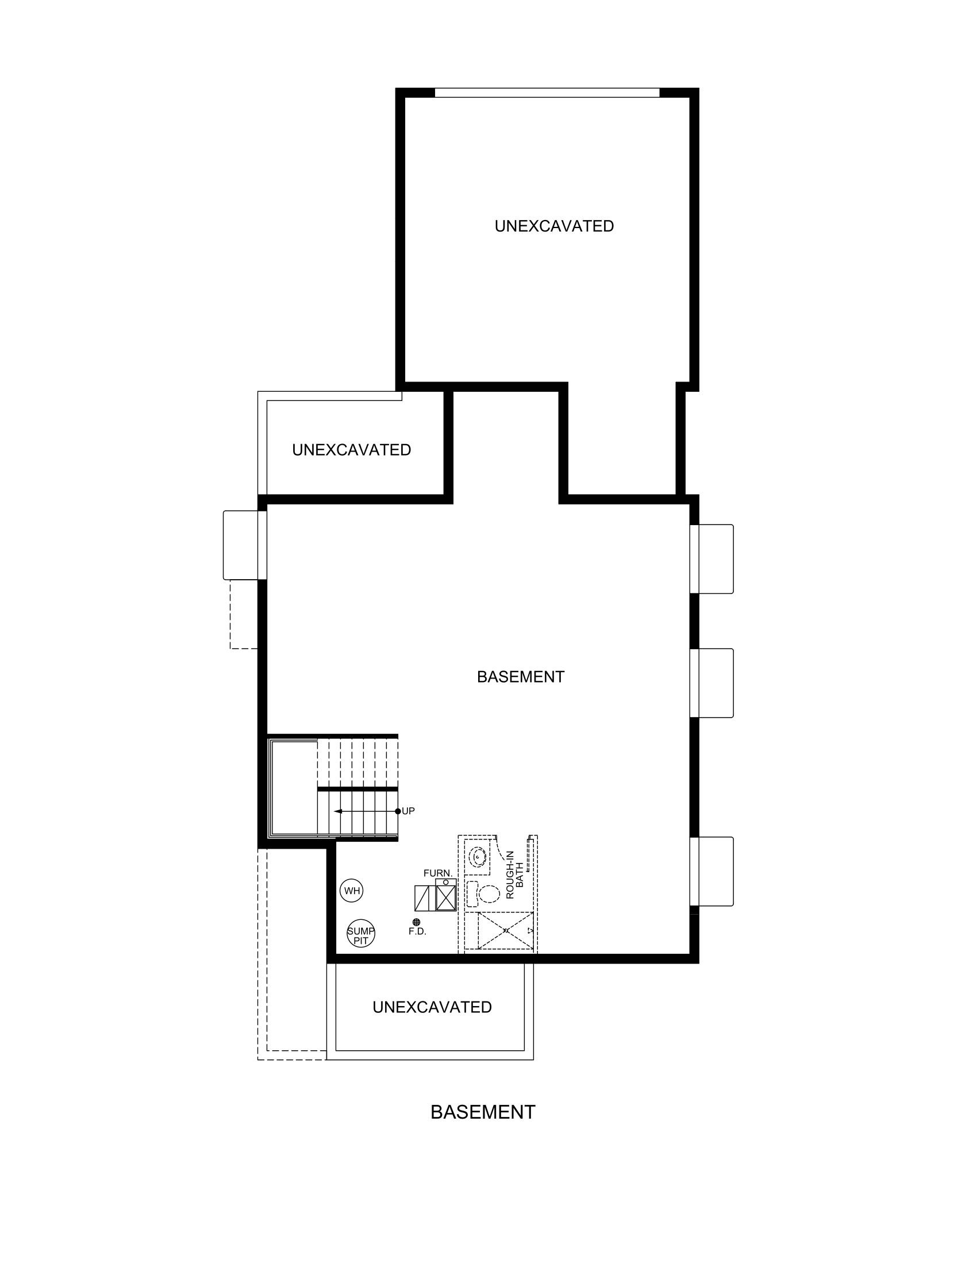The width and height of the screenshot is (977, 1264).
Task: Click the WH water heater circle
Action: (x=352, y=891)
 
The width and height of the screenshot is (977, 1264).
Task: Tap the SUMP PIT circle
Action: (x=360, y=934)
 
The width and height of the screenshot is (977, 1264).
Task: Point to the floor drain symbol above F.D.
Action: (x=416, y=922)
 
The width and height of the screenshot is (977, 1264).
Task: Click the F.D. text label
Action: (x=417, y=932)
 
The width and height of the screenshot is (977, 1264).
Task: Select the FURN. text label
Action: (x=437, y=873)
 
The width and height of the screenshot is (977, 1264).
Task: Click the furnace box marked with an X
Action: (x=446, y=897)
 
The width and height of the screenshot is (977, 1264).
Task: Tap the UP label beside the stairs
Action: (x=408, y=811)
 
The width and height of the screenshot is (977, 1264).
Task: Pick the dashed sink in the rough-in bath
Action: (x=478, y=857)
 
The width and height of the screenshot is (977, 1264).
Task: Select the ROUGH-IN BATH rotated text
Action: (x=514, y=874)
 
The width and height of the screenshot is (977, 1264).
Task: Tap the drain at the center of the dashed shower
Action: (x=505, y=931)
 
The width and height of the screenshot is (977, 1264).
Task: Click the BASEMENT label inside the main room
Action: (x=520, y=677)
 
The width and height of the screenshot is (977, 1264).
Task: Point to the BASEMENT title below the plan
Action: (x=483, y=1112)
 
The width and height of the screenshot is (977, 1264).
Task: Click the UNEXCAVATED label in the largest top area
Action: (x=554, y=226)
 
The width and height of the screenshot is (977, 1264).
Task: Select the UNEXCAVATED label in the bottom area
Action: (x=432, y=1008)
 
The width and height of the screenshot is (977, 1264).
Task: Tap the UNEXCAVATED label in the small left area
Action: (x=351, y=450)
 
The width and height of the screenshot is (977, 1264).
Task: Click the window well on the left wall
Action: (x=241, y=545)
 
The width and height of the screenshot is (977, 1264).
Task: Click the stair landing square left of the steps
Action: (x=294, y=788)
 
